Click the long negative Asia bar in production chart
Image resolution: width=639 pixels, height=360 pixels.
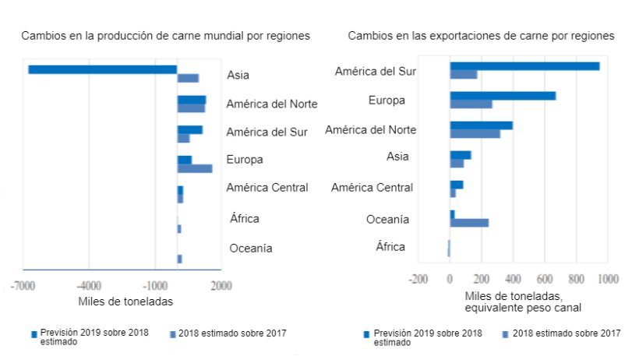coord(102,69)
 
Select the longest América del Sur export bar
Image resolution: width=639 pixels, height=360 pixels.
coord(524,66)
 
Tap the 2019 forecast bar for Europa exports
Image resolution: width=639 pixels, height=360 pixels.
coord(503,96)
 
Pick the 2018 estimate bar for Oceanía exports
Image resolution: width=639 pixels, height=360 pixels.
coord(469,223)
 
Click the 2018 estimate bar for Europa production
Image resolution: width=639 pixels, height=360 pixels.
coord(194,168)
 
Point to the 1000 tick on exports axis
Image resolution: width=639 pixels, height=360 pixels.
coord(608,278)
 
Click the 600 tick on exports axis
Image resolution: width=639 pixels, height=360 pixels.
coord(545,278)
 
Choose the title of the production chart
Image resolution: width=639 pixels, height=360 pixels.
coord(165,36)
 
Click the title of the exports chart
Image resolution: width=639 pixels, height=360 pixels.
coord(481,36)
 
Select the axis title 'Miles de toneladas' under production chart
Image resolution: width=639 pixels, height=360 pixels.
coord(125,302)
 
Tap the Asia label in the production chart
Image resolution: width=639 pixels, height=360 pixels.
coord(238,76)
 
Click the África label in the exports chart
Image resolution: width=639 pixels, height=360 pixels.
coord(390,247)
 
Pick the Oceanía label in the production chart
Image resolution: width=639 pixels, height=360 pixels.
coord(251,249)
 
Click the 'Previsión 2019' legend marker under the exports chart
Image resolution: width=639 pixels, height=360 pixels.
coord(366,334)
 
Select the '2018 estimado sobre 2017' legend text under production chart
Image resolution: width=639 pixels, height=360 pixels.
coord(232,334)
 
